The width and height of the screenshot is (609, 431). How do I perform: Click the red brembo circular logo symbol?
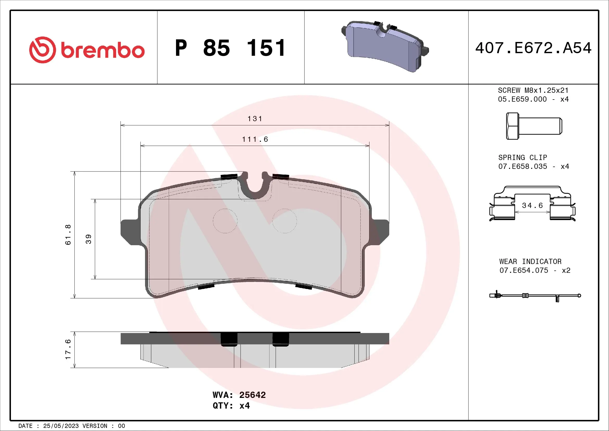click(x=42, y=50)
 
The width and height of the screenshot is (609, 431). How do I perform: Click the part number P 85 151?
click(x=230, y=48)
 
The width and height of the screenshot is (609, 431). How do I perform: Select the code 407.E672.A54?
click(x=533, y=48)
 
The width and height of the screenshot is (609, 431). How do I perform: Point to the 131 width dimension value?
click(x=255, y=119)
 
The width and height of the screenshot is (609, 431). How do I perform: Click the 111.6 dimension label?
click(x=255, y=139)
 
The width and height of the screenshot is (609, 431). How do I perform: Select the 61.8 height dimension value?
click(x=68, y=235)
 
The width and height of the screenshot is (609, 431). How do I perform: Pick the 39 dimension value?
click(x=89, y=239)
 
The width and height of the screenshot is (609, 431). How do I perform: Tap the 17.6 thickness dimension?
click(x=68, y=349)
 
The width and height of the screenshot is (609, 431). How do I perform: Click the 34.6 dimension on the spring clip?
click(x=532, y=205)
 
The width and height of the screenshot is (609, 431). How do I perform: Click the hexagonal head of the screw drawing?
click(x=512, y=126)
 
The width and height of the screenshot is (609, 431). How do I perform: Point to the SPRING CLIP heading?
click(x=523, y=158)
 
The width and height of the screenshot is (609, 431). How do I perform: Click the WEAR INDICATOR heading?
click(x=530, y=261)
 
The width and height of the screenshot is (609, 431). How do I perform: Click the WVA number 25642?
click(x=252, y=395)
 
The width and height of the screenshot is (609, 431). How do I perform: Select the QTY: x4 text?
click(x=231, y=406)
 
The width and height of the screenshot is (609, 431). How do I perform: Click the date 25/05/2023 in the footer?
click(x=61, y=426)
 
